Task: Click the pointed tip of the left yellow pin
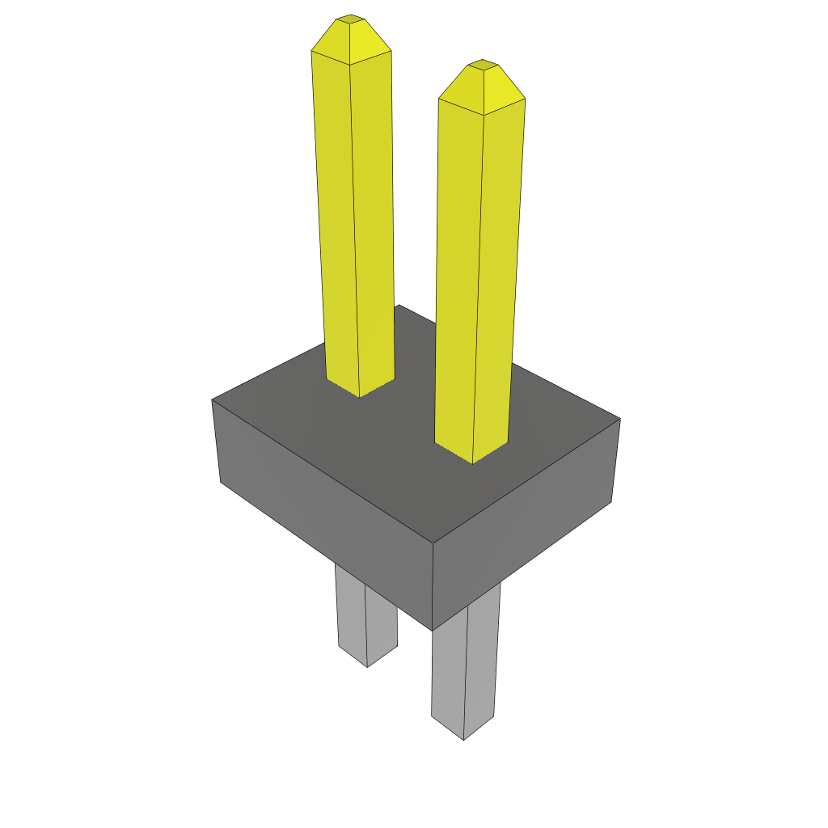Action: click(x=350, y=18)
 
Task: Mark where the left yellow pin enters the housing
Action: click(x=360, y=392)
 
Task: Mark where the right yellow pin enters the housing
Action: click(x=473, y=458)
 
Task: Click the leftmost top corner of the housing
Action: click(x=213, y=399)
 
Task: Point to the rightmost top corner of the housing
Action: click(x=620, y=419)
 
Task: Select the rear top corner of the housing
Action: click(x=399, y=305)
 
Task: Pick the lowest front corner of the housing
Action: click(x=433, y=630)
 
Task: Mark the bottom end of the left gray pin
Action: click(x=367, y=665)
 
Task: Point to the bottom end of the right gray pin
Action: click(x=463, y=737)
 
